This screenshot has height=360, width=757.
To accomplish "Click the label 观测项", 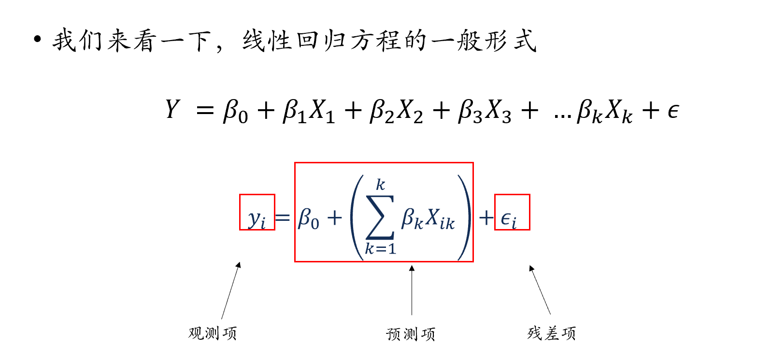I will coord(213,333).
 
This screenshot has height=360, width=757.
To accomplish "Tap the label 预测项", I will coord(411,333).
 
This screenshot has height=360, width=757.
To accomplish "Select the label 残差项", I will coord(552,333).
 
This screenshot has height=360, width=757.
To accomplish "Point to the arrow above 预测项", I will coord(412,290).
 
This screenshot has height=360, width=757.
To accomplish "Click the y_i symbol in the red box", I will coord(257,220).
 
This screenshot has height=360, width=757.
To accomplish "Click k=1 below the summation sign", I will coord(380,249).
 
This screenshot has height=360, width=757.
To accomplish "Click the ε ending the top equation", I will coord(674,112).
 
